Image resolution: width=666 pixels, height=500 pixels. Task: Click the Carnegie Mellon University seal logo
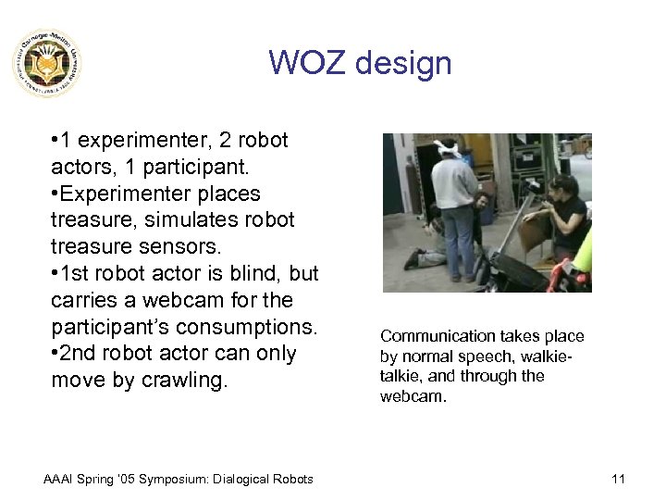(46, 63)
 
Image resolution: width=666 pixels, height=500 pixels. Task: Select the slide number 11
(619, 479)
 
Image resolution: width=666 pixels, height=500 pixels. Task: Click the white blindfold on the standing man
(449, 145)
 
